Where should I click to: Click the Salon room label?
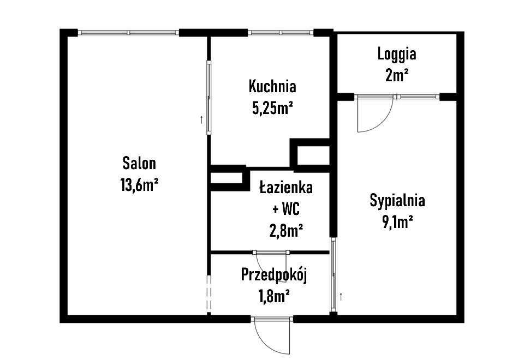click(139, 163)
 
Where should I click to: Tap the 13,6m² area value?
click(139, 185)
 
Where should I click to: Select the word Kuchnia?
click(272, 86)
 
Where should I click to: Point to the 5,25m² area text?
click(272, 108)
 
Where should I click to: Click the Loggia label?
click(397, 54)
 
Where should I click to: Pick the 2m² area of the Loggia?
click(397, 75)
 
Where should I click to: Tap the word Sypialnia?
click(397, 200)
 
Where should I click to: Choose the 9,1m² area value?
click(397, 221)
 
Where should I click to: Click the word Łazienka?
click(285, 188)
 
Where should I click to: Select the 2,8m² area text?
click(286, 231)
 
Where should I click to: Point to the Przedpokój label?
click(274, 275)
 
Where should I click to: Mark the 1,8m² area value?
click(273, 296)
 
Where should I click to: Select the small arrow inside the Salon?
click(201, 118)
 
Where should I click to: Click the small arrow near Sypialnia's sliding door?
click(341, 296)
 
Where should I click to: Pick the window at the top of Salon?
click(129, 33)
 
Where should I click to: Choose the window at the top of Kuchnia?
click(281, 33)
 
